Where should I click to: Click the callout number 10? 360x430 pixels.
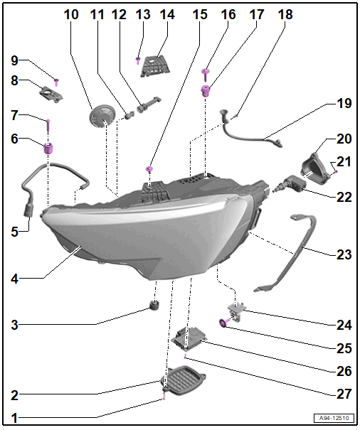click(x=71, y=14)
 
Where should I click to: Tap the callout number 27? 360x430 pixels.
click(x=344, y=394)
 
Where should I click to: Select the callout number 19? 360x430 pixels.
click(x=344, y=103)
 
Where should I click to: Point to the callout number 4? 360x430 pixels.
click(x=14, y=279)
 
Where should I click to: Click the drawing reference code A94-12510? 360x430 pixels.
click(x=334, y=418)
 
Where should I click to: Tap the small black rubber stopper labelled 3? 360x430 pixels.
click(x=154, y=305)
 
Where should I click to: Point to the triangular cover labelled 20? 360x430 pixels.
click(x=314, y=166)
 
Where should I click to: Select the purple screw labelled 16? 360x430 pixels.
click(x=205, y=75)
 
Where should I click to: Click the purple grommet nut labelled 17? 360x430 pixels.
click(x=206, y=91)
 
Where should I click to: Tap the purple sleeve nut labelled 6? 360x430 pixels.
click(x=48, y=149)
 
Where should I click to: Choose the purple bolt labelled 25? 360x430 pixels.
click(x=223, y=323)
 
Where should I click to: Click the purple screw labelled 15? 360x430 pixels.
click(x=149, y=169)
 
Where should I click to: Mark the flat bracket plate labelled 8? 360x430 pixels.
click(x=51, y=94)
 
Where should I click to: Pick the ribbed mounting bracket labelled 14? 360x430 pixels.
click(x=155, y=65)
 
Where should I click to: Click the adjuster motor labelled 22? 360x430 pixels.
click(x=290, y=184)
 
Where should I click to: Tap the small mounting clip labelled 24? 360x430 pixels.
click(x=235, y=310)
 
